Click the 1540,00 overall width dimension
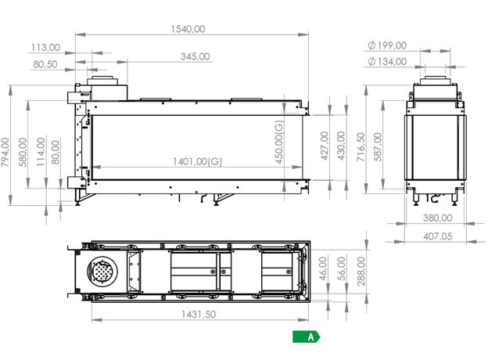188,29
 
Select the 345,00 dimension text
196,56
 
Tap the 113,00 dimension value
45,48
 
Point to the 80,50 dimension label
45,64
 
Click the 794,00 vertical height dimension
5,153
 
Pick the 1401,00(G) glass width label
197,161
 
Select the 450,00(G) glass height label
279,142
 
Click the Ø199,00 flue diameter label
387,45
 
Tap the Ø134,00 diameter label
387,62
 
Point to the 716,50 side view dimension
361,147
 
